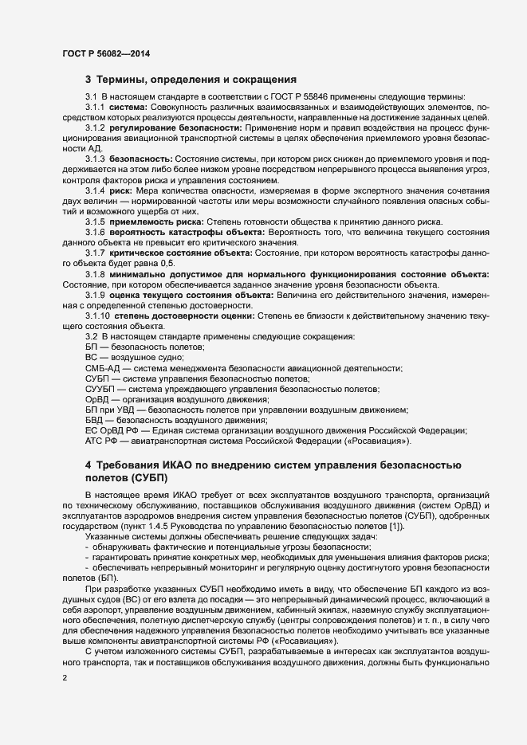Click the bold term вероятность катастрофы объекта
191,232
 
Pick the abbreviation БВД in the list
94,420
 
